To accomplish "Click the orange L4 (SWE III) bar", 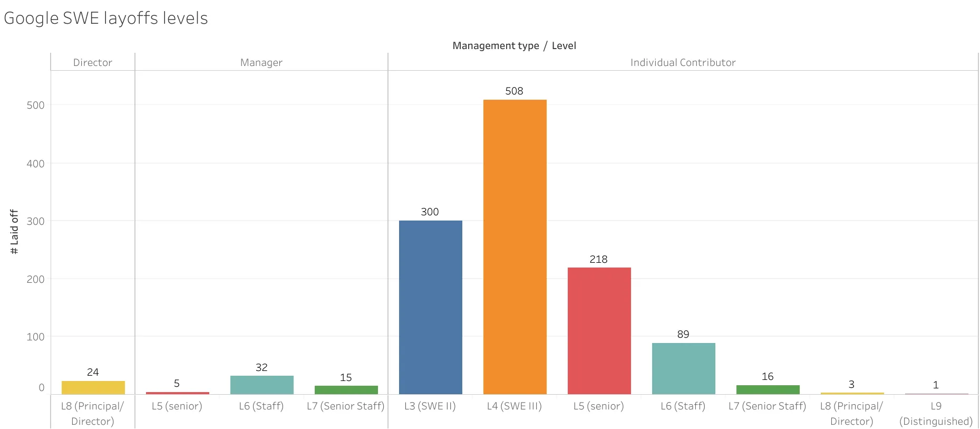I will click(515, 246).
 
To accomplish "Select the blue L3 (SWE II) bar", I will click(430, 307).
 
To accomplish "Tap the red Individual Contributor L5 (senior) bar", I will click(599, 331).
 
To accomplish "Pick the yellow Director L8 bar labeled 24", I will click(93, 387).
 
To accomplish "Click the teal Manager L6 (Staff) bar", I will click(261, 385).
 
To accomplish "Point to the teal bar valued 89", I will click(683, 368).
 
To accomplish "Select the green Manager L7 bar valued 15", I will click(346, 390).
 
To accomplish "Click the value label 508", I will click(514, 91).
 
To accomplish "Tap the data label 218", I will click(598, 259).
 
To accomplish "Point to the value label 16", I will click(767, 376).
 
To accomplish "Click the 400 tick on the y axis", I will click(35, 164).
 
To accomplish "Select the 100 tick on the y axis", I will click(35, 337).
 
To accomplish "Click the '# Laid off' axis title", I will click(14, 232).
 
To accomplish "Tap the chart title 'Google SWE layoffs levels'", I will click(106, 18).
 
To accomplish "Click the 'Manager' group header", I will click(261, 62).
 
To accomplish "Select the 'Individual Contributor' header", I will click(683, 62).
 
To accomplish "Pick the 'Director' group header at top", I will click(92, 62).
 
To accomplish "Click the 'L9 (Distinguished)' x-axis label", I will click(936, 414).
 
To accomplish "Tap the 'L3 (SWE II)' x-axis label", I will click(430, 406).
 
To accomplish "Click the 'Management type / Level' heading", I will click(514, 46).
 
